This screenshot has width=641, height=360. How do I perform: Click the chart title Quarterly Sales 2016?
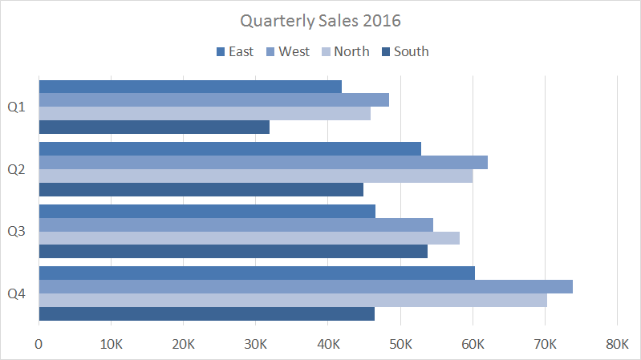[x=320, y=19]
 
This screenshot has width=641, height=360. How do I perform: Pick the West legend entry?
[x=290, y=51]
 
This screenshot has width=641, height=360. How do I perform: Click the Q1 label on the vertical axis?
[x=16, y=107]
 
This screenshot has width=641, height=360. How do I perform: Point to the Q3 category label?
[x=16, y=232]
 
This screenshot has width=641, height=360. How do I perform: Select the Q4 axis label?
[x=16, y=294]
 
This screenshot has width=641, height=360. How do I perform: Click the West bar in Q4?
[x=305, y=286]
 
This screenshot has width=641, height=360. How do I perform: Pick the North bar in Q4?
[x=293, y=300]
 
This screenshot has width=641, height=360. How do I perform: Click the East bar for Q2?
[x=229, y=148]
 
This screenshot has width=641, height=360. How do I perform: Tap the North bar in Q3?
[x=249, y=238]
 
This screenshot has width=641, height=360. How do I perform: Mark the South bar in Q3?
[x=233, y=252]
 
